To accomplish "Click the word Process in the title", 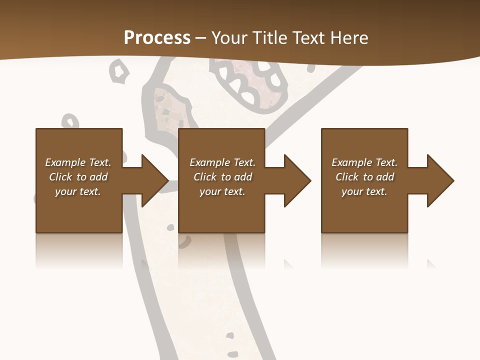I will click(157, 37).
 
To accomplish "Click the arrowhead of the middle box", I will click(297, 180).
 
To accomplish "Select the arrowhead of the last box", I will click(440, 180).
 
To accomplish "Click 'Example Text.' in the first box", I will click(78, 162).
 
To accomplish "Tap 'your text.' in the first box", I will click(78, 191).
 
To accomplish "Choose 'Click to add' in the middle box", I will click(222, 177).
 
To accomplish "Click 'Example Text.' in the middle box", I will click(222, 162).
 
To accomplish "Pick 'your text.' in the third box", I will click(364, 191).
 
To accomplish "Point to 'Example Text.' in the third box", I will click(364, 162).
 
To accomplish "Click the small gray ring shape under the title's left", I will click(119, 70).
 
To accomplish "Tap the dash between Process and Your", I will click(201, 38).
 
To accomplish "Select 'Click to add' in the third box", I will click(364, 177).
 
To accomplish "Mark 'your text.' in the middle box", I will click(222, 191).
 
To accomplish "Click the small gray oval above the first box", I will click(71, 121).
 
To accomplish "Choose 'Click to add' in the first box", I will click(78, 177).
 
